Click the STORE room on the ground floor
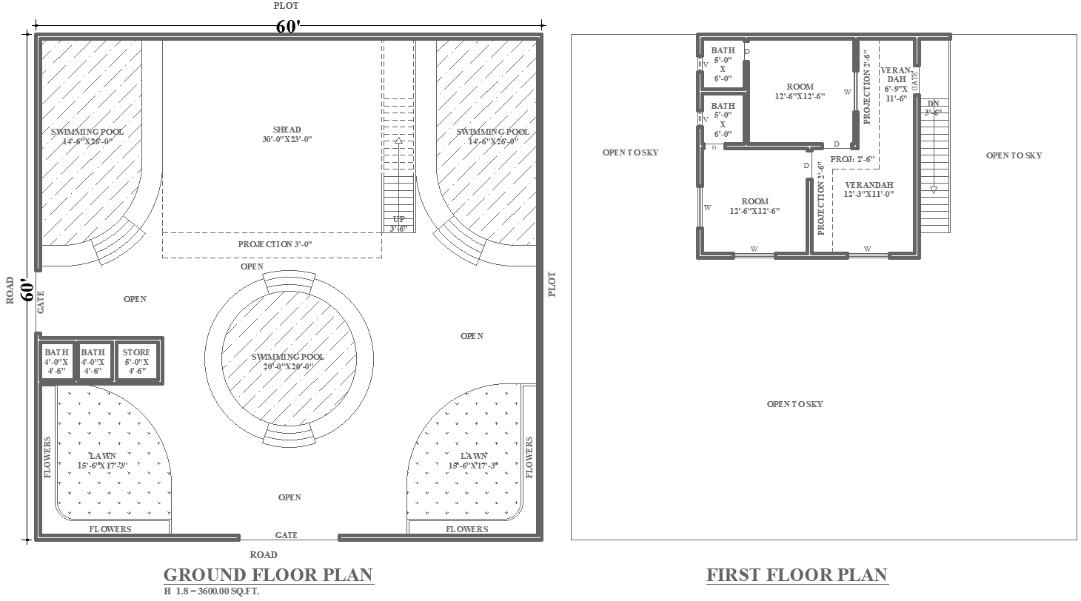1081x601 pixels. coord(136,361)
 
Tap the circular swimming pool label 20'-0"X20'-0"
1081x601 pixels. coord(287,361)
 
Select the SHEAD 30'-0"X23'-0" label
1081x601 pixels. coord(287,134)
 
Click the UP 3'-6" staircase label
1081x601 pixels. coord(398,224)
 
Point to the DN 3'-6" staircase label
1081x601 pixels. coord(933,108)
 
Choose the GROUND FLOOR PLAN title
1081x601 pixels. coord(268,574)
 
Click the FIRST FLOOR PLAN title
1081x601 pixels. coord(797,574)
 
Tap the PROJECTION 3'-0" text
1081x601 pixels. coord(275,244)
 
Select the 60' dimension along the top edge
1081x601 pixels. coord(288,26)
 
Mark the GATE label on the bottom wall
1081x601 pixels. coord(287,535)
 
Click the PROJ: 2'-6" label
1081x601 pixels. coord(852,159)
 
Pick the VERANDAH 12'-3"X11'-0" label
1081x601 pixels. coord(869,189)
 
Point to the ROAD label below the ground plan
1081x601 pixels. coord(264,554)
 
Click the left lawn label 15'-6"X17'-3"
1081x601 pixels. coord(102,460)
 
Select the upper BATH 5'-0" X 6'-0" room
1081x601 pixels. coord(723,64)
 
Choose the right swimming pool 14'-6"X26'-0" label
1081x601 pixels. coord(492,136)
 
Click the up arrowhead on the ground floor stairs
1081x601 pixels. coord(398,141)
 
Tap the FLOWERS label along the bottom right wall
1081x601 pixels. coord(466,529)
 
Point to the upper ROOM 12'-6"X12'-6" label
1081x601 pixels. coord(800,91)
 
